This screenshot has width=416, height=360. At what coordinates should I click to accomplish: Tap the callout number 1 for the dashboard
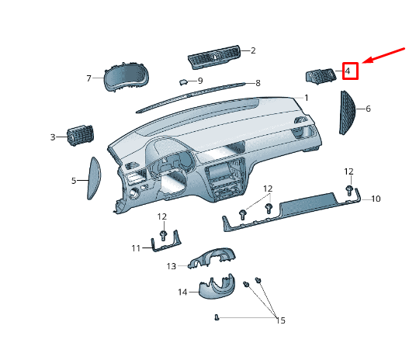tap(307, 98)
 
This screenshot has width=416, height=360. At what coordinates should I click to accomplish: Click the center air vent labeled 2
tap(213, 57)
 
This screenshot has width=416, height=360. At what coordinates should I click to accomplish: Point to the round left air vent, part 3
tap(78, 137)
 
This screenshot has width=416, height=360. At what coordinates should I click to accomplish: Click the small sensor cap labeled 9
tap(182, 80)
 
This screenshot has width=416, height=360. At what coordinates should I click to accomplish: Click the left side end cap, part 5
tap(94, 179)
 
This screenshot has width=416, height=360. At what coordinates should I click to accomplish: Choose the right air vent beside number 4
tap(321, 75)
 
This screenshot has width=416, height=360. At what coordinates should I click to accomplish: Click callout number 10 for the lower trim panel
tap(375, 199)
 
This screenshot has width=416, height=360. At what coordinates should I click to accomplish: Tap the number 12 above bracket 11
tap(162, 216)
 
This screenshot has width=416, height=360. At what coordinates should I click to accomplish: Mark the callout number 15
tap(280, 320)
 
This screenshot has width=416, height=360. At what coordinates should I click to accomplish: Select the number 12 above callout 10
tap(349, 171)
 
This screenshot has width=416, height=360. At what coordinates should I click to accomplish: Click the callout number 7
tap(89, 78)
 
